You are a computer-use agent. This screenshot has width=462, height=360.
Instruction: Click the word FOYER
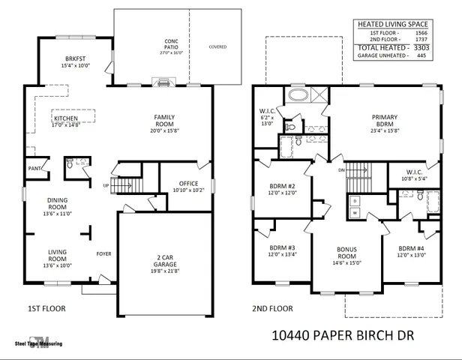103,253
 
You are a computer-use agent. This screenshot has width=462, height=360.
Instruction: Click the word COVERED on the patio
218,46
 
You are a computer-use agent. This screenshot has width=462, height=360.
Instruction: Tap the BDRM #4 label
411,250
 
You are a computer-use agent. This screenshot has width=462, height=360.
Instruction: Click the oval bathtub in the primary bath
296,95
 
